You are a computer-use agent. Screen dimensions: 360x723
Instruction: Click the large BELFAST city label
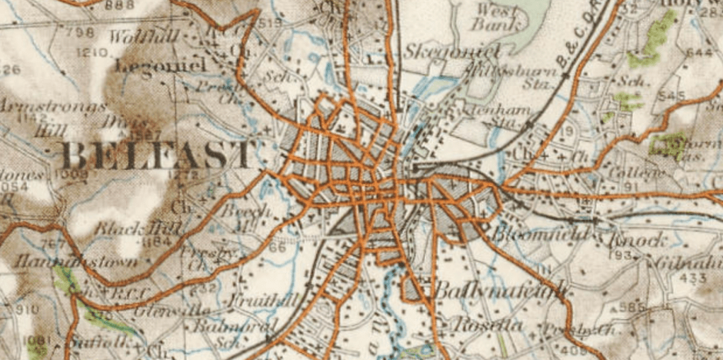(157, 154)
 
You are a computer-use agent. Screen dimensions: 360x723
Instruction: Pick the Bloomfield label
(541, 234)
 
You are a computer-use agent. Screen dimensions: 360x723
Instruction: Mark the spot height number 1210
(92, 53)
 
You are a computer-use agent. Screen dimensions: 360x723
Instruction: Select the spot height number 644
(699, 52)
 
